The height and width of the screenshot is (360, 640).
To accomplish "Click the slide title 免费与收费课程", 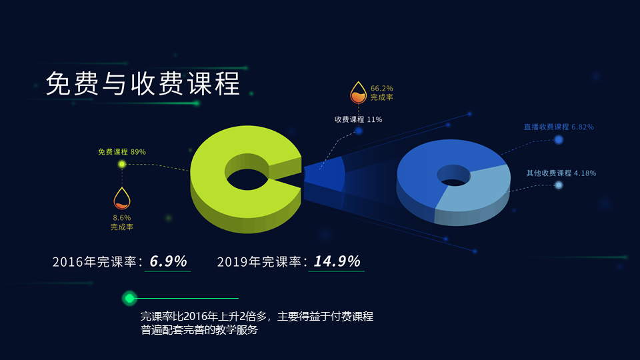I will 143,84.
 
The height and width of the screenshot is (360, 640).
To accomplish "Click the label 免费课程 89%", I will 122,152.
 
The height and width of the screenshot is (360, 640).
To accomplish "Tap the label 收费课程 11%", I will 358,119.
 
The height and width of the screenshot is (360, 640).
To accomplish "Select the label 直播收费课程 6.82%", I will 559,127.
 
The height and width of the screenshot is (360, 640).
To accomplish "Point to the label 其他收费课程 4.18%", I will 561,173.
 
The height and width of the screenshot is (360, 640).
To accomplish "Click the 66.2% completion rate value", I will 382,88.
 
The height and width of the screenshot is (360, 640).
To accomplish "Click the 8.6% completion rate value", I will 122,217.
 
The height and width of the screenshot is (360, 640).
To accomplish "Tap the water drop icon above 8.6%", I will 122,198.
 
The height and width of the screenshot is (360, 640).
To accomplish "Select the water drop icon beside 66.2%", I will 359,93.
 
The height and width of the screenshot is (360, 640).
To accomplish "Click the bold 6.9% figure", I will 168,261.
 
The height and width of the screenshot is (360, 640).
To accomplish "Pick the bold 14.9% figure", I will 337,261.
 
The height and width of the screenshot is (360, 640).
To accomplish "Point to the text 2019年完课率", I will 260,262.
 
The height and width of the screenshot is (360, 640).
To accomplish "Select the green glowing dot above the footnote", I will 129,298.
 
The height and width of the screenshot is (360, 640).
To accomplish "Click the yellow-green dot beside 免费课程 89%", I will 122,164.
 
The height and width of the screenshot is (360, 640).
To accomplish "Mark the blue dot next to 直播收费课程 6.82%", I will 559,139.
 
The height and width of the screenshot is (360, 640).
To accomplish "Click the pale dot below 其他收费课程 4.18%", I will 559,185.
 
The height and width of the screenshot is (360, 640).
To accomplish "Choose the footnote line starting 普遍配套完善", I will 199,329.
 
